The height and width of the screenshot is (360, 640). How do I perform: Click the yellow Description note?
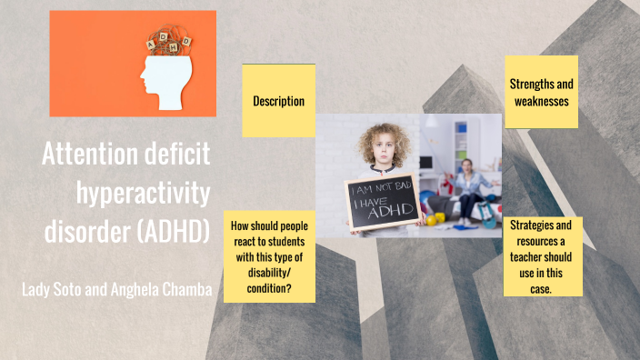278,101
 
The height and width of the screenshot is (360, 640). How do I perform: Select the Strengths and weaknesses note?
541,92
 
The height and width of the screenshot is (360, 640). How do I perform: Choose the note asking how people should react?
270,257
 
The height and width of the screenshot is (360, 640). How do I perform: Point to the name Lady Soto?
56,290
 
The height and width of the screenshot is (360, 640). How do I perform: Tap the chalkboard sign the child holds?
382,201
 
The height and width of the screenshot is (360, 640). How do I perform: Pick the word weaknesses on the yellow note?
541,100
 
